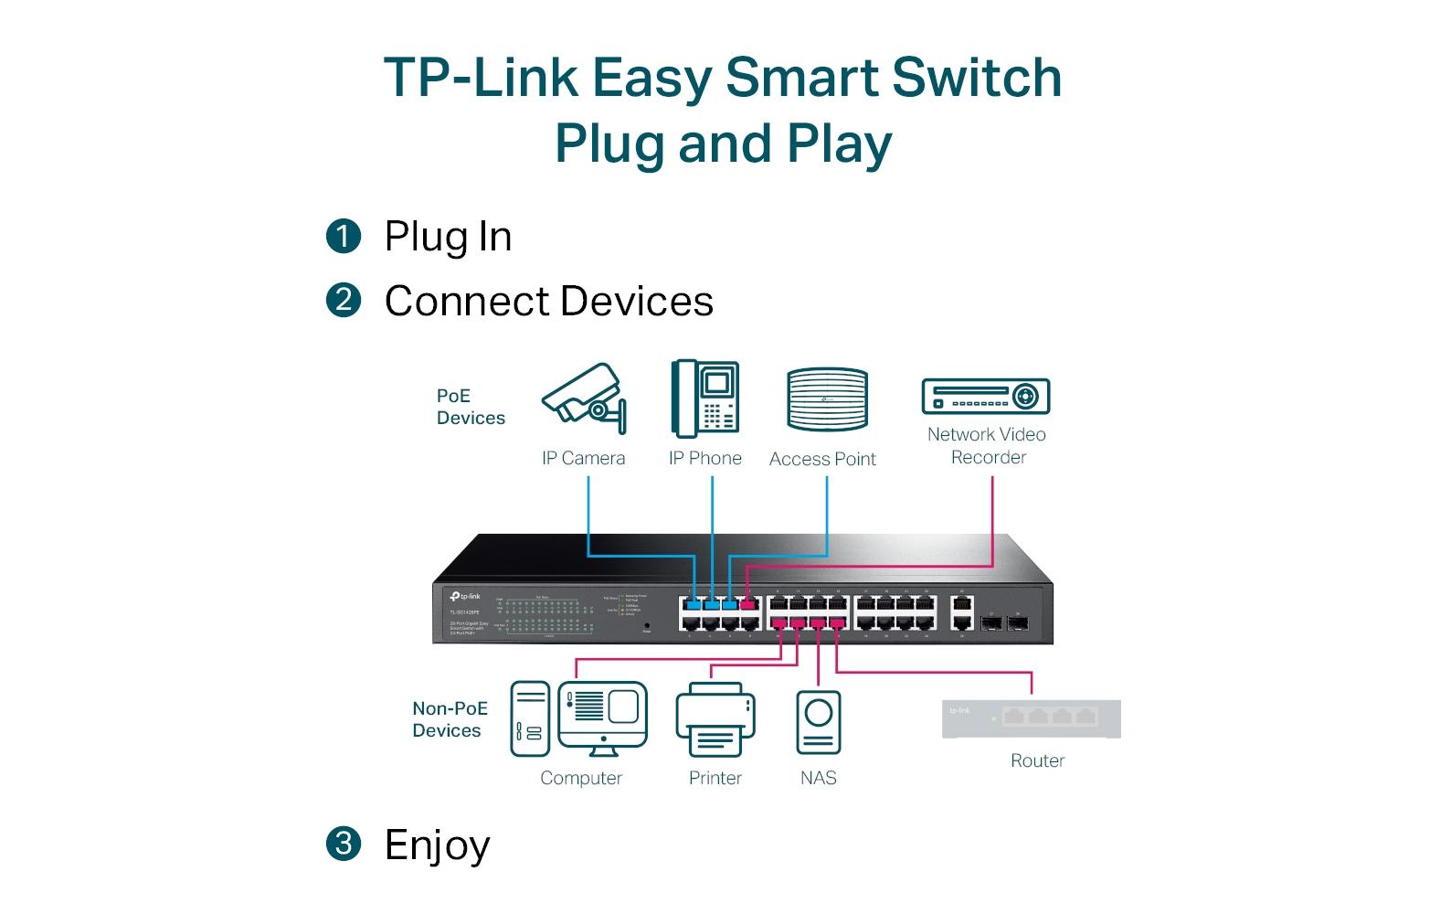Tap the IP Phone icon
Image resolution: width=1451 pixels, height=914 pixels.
coord(704,399)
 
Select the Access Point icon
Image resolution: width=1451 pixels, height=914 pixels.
coord(827,399)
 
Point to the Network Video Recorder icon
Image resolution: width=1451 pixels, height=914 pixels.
coord(986,397)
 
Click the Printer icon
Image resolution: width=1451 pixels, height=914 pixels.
coord(715,720)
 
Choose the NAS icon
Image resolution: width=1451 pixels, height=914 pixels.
coord(819,722)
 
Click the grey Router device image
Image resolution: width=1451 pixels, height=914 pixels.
coord(1032,718)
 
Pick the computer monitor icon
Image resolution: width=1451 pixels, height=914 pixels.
coord(603,717)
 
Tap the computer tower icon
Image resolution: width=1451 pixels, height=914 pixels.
coord(530,718)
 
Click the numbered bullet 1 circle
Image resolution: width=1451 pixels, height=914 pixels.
coord(344,236)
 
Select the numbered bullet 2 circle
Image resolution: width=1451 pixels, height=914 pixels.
coord(344,300)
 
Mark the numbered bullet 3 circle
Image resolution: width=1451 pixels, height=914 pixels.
coord(344,843)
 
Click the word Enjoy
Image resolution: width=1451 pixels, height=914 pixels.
coord(437,845)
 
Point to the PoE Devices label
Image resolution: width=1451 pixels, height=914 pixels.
coord(470,407)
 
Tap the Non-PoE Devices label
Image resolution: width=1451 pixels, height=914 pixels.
coord(450,719)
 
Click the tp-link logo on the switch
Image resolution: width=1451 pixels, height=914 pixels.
coord(465,596)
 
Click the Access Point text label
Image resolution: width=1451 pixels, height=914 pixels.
coord(822,459)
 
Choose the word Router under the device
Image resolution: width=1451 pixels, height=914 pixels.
coord(1037,760)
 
